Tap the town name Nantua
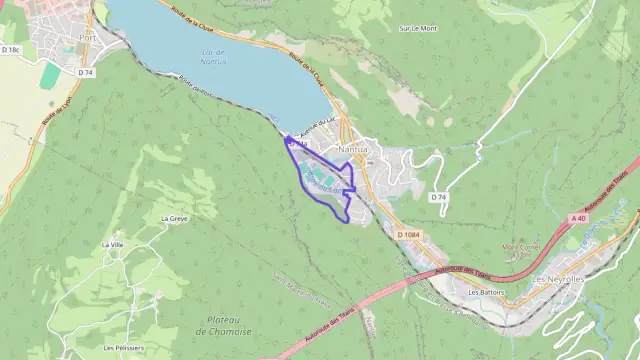point(354,150)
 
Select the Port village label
point(87,40)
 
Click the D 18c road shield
point(11,49)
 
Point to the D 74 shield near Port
point(86,72)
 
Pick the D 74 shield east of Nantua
point(438,197)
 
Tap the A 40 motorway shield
point(578,218)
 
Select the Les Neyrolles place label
point(559,279)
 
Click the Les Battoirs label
point(486,293)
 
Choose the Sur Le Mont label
point(418,28)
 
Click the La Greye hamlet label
point(174,217)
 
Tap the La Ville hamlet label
point(112,245)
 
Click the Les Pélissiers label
point(122,348)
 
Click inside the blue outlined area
point(325,180)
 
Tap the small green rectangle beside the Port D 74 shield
point(50,75)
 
